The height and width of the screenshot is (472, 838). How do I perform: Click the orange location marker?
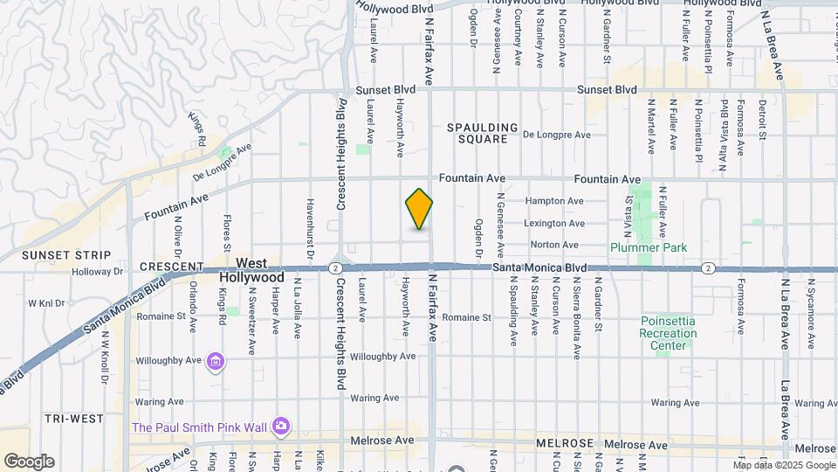click(x=420, y=209)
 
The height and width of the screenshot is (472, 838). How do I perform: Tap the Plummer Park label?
click(x=649, y=247)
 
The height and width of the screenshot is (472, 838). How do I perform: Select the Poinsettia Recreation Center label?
click(x=668, y=333)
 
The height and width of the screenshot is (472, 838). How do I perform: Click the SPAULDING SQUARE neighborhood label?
click(x=483, y=133)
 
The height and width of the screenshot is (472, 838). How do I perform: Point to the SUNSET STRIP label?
click(x=54, y=255)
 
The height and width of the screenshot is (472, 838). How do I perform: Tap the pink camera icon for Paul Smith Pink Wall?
click(x=280, y=426)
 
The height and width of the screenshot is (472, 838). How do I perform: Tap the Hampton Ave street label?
click(x=553, y=200)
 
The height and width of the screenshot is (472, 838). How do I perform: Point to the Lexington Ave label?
click(x=553, y=224)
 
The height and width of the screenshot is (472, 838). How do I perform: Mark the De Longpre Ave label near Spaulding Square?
click(x=557, y=135)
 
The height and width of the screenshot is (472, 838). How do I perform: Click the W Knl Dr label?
click(x=47, y=303)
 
